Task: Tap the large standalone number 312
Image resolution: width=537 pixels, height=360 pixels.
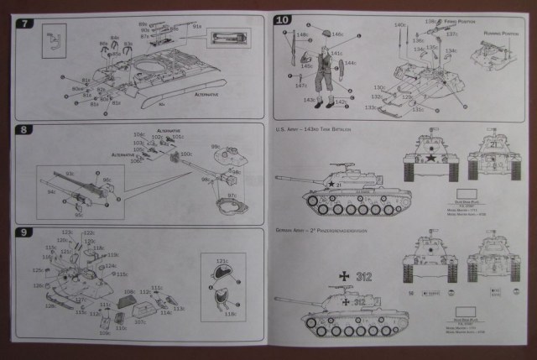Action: tap(364, 273)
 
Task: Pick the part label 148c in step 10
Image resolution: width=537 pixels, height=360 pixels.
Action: tap(300, 34)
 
